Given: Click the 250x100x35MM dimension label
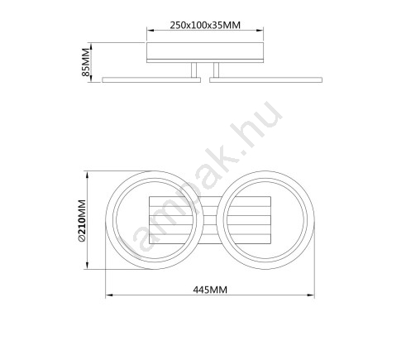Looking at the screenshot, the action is pos(205,25).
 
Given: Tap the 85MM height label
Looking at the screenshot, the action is pos(86,62).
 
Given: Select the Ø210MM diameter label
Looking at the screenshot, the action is pos(82,221).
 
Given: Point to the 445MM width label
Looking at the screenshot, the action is pos(210,290).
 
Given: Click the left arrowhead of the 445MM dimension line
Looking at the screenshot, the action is pos(109,295).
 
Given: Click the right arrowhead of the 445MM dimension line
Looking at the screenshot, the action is pos(311,295).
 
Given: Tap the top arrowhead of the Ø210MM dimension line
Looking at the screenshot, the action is pos(88,175).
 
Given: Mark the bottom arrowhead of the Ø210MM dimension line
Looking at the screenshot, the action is pos(88,266).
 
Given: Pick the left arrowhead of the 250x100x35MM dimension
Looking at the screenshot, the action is pos(150,31).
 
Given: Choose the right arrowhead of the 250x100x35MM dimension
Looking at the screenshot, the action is pos(260,31).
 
